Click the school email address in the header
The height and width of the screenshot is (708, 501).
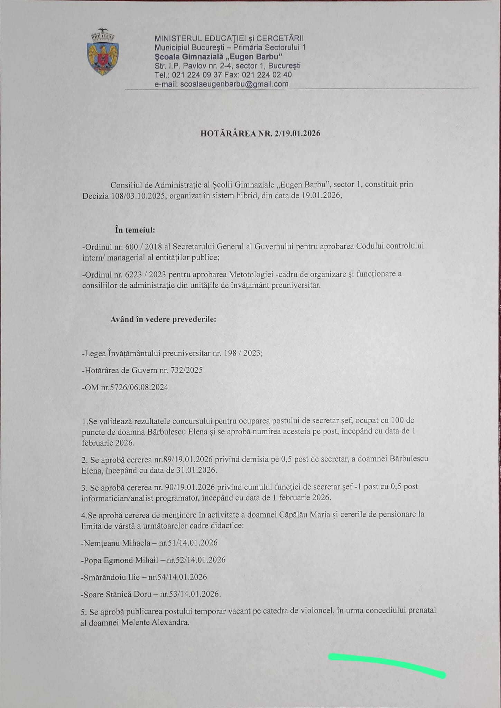(234, 84)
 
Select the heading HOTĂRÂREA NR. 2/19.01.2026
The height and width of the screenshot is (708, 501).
(260, 133)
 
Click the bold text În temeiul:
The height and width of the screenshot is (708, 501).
(135, 230)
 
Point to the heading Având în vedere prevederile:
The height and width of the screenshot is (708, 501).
(163, 319)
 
